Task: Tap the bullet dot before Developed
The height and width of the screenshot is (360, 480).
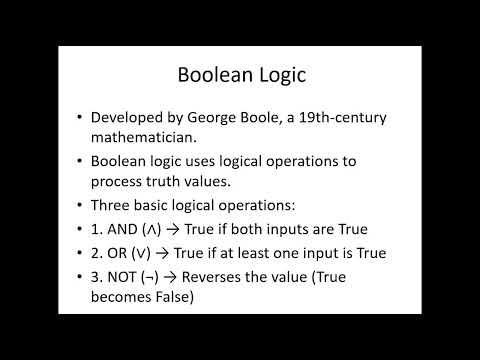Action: coord(78,116)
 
